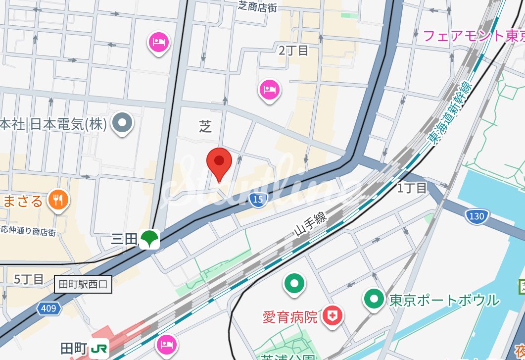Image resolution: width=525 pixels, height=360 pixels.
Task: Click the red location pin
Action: (219, 162)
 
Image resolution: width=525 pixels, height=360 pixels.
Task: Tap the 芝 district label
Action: (205, 127)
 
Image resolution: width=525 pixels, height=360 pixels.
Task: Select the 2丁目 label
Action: (293, 50)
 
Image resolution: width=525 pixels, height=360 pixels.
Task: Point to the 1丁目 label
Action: (412, 188)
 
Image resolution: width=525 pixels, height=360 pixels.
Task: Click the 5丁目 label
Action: (29, 279)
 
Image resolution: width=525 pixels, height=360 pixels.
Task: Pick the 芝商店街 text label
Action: (257, 6)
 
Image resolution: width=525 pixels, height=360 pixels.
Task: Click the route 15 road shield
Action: (257, 199)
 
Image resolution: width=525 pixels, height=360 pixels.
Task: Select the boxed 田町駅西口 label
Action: (83, 284)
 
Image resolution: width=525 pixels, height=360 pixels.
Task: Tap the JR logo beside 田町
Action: (100, 349)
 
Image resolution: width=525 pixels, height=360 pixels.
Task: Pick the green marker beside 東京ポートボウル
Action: (374, 299)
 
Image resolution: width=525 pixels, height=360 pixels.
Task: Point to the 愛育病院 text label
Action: (290, 316)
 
